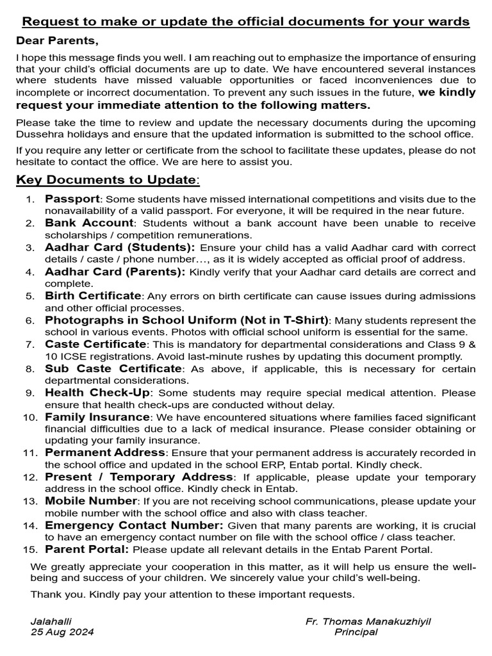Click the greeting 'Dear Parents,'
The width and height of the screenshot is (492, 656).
click(58, 42)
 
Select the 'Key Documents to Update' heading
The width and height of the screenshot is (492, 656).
click(107, 180)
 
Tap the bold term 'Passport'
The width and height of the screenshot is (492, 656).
click(72, 199)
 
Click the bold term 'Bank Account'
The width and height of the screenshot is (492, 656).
click(89, 223)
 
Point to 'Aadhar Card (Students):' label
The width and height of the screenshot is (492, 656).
click(120, 247)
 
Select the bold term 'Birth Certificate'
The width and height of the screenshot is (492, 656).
click(93, 295)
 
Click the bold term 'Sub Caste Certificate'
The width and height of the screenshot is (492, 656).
click(113, 368)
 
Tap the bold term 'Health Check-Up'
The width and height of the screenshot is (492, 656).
click(98, 392)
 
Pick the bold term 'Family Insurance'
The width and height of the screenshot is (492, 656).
click(97, 416)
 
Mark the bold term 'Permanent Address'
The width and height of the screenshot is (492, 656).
click(105, 452)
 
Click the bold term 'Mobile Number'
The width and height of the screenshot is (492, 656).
click(91, 500)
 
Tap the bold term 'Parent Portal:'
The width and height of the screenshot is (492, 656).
click(87, 549)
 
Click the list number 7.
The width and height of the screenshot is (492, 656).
click(29, 345)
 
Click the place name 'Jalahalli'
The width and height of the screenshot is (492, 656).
click(51, 621)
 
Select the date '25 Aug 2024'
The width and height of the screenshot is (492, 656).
click(62, 632)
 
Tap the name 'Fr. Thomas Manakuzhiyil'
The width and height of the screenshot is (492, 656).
click(372, 621)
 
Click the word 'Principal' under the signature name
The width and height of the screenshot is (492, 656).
click(356, 632)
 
